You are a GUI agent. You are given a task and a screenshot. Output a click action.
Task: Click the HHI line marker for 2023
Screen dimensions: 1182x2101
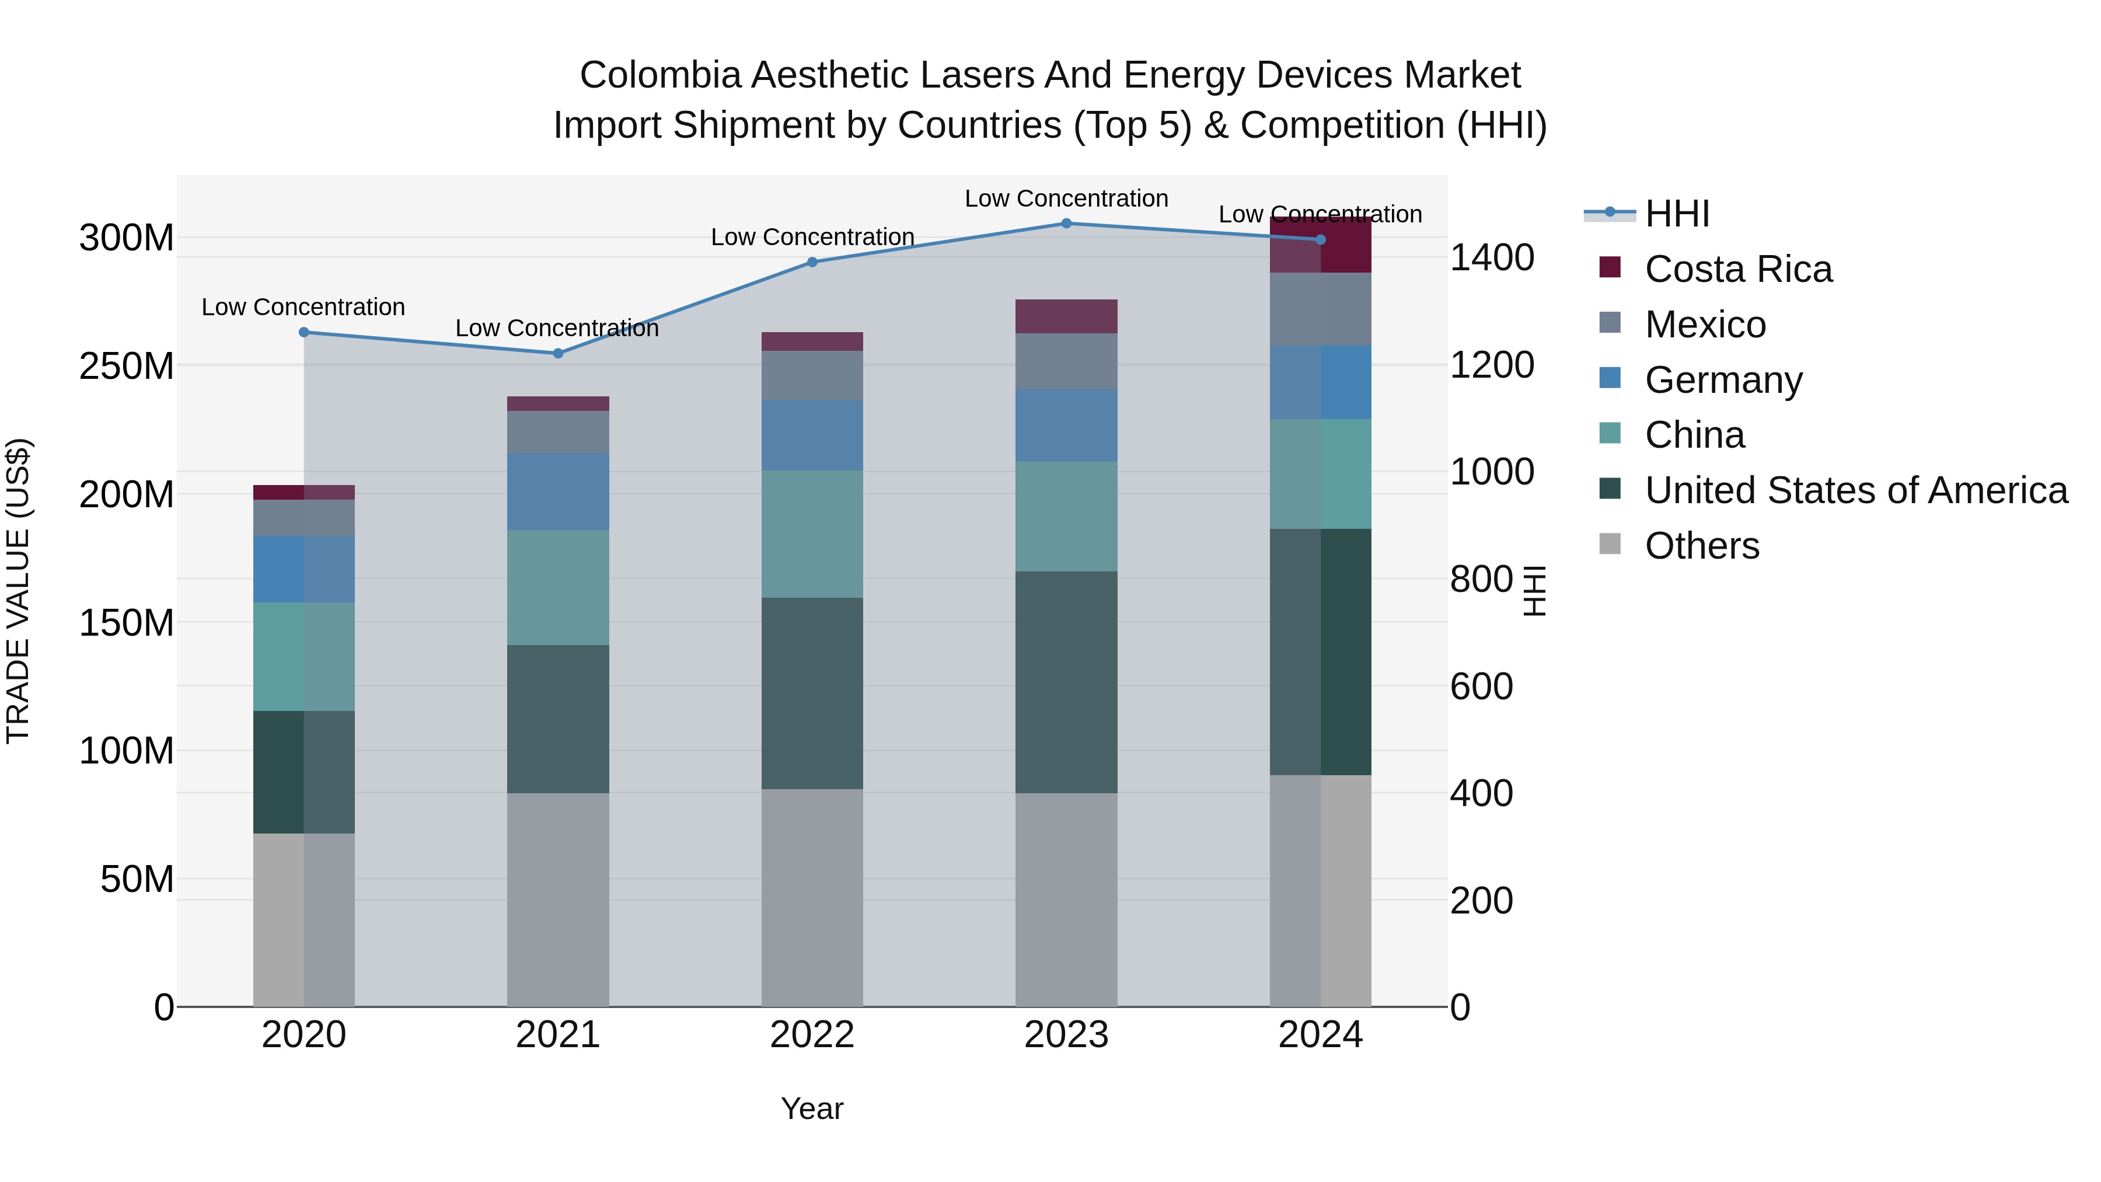[x=1066, y=224]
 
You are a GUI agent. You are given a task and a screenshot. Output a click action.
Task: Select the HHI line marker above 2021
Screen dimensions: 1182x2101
[x=558, y=353]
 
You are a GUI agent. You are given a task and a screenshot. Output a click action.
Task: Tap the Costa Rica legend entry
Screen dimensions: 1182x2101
[x=1737, y=269]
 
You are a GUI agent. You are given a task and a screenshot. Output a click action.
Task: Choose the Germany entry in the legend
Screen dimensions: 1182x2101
[x=1723, y=380]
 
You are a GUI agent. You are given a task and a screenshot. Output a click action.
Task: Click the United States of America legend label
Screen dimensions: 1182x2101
[x=1855, y=490]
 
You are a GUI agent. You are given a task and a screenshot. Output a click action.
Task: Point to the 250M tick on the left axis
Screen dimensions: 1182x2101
[x=127, y=366]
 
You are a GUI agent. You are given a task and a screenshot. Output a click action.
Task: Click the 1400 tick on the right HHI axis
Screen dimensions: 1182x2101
[x=1491, y=258]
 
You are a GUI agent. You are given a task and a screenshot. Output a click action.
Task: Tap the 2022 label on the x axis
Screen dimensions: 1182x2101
[x=812, y=1035]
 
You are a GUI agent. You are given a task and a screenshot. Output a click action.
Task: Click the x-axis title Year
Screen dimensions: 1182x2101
[x=812, y=1108]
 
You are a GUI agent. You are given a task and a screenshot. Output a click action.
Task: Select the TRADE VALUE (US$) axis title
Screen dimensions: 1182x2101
[x=18, y=591]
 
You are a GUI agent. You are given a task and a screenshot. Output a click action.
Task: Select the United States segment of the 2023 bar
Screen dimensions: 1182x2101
[x=1066, y=681]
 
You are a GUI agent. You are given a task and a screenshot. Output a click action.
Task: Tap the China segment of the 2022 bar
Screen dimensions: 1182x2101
[x=812, y=534]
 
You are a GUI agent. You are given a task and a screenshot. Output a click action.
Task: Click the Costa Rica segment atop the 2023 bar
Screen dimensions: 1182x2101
[x=1066, y=316]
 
